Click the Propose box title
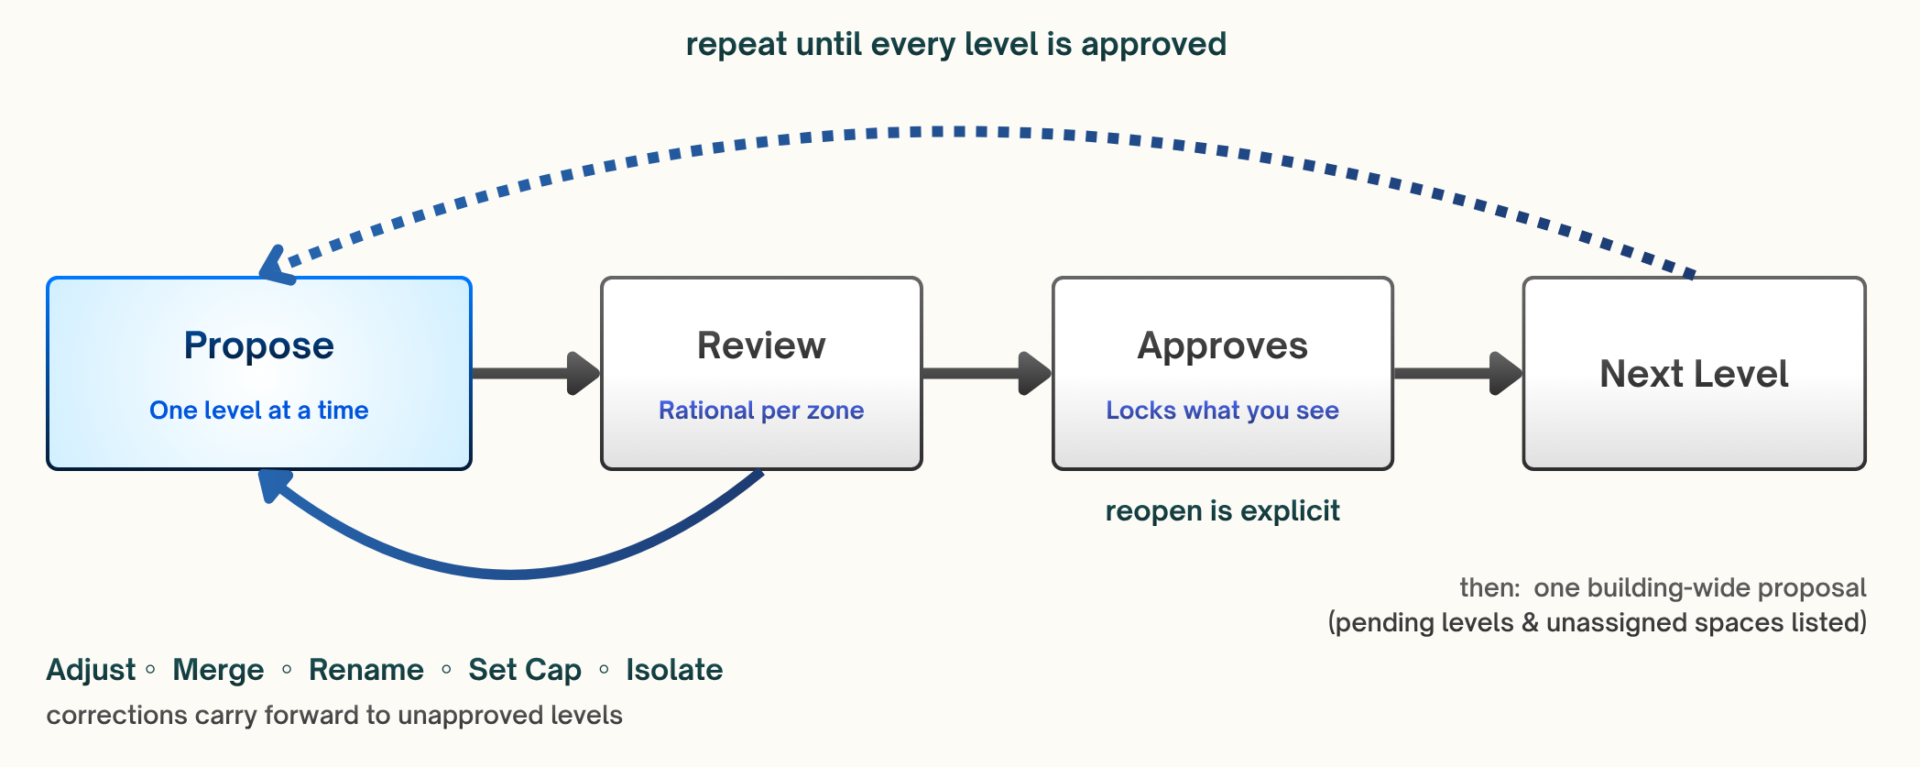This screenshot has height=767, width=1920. (259, 346)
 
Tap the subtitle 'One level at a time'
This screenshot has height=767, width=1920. (259, 410)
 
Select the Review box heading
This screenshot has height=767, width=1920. (761, 345)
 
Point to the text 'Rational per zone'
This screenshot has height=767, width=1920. (761, 410)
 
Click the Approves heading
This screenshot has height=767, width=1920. (1223, 346)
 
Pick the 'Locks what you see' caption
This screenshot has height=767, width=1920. (1223, 410)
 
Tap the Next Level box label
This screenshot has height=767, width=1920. (1695, 374)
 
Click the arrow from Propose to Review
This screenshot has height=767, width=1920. (536, 373)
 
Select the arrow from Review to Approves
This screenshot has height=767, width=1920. (987, 373)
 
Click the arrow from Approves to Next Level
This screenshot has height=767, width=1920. (1458, 373)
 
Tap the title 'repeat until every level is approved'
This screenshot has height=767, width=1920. (956, 44)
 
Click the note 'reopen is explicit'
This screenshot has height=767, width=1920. (1223, 510)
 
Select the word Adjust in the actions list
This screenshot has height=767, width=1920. (91, 670)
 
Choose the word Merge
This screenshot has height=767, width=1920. (218, 670)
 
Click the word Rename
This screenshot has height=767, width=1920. (366, 670)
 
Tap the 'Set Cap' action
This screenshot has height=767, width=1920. (525, 670)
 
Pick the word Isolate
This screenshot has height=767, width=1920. (674, 670)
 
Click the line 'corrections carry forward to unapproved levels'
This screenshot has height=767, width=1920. (334, 715)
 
